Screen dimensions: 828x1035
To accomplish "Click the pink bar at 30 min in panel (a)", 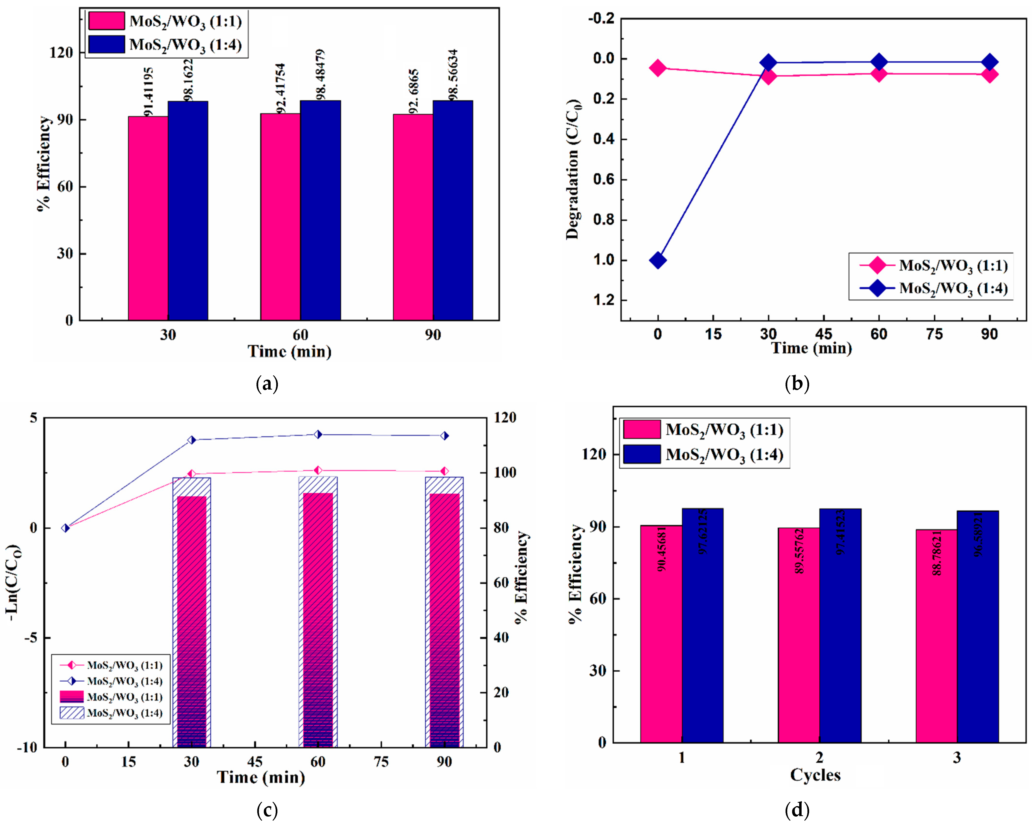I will (x=148, y=219).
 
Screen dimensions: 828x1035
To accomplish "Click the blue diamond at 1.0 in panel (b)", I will (x=658, y=260).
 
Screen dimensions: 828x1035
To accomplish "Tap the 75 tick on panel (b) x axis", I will (x=934, y=334).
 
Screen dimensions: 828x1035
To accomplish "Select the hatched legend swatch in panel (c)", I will (x=71, y=713).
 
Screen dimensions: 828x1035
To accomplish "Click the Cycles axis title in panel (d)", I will (x=815, y=775).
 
